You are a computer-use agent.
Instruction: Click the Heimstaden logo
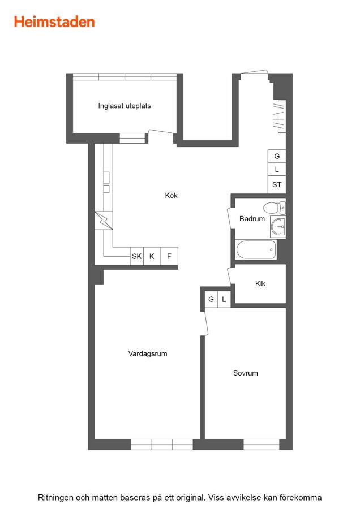(x=54, y=22)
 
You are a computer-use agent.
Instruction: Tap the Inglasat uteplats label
(x=125, y=106)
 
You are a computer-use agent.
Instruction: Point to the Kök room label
(x=172, y=196)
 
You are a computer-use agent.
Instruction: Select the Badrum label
(x=252, y=219)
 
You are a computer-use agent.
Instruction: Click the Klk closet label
(x=260, y=284)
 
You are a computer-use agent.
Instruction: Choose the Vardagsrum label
(x=148, y=353)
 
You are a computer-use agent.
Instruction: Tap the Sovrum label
(x=245, y=373)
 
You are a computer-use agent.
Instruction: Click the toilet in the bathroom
(x=274, y=208)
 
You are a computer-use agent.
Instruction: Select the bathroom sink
(x=278, y=227)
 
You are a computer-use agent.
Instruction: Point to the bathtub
(x=256, y=249)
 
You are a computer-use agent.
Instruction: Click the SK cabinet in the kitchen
(x=137, y=256)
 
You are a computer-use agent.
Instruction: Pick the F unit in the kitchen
(x=169, y=256)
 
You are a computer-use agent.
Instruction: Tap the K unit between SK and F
(x=152, y=256)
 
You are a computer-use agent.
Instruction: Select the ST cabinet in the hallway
(x=277, y=185)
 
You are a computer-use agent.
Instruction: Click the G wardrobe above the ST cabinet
(x=277, y=156)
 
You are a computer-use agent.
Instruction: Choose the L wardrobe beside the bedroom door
(x=224, y=299)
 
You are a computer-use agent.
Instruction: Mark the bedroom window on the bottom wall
(x=262, y=445)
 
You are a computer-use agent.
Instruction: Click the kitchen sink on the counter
(x=106, y=183)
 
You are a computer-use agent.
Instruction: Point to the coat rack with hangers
(x=279, y=116)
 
